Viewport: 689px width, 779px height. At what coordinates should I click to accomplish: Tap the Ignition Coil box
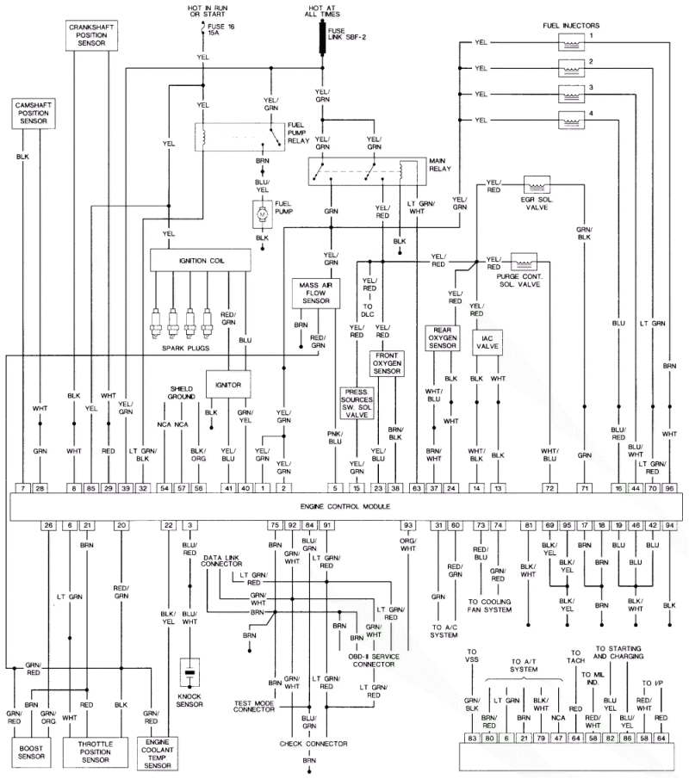pyautogui.click(x=200, y=258)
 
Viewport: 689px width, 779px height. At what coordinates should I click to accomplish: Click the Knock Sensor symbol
pyautogui.click(x=189, y=671)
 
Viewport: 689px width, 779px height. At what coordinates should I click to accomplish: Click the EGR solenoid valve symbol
pyautogui.click(x=538, y=185)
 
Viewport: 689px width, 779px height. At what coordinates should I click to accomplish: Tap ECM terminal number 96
pyautogui.click(x=669, y=488)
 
